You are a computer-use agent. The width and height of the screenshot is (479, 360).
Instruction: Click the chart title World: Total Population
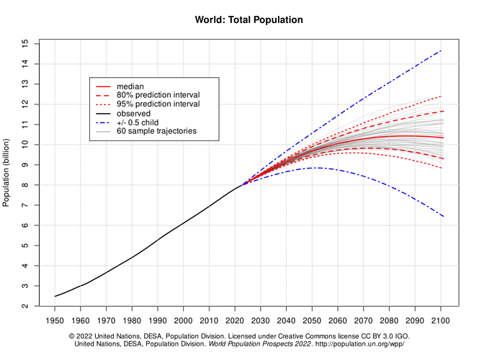click(x=249, y=20)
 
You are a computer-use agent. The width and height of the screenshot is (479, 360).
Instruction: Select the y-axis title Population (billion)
click(x=6, y=173)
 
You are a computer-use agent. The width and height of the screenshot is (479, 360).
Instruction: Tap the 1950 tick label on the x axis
click(x=55, y=320)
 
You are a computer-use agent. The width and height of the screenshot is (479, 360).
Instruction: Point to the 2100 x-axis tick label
click(x=441, y=320)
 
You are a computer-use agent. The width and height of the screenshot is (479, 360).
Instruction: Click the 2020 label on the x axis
click(x=235, y=320)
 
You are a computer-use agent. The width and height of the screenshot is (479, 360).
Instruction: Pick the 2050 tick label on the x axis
click(x=312, y=320)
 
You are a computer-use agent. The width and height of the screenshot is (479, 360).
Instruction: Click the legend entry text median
click(x=130, y=86)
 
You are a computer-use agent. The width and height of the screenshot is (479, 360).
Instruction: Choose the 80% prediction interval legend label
click(x=158, y=95)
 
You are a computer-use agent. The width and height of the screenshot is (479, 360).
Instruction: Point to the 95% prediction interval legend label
click(x=158, y=104)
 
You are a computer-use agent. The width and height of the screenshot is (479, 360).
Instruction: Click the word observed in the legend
click(x=133, y=114)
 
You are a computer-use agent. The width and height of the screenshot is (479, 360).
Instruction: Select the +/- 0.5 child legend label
click(x=138, y=122)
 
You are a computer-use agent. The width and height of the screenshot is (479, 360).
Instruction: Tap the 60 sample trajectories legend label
click(x=157, y=131)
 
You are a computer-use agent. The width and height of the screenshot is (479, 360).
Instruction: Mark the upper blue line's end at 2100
click(x=442, y=50)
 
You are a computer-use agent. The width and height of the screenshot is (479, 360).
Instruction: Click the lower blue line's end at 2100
click(x=443, y=217)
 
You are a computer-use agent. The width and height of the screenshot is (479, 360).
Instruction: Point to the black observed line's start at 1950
click(x=55, y=296)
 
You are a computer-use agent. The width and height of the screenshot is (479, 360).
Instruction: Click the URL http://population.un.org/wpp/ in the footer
click(x=360, y=344)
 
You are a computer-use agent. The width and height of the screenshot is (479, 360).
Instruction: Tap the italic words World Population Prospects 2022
click(x=260, y=344)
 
